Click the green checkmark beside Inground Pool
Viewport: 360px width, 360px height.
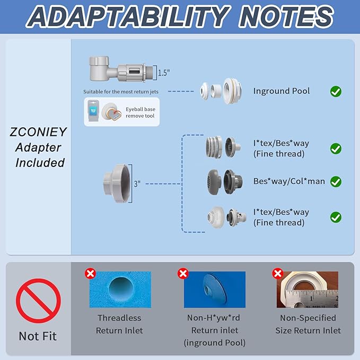click(x=336, y=91)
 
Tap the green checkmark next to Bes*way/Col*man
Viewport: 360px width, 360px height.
click(x=336, y=182)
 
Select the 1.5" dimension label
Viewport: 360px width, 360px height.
click(x=164, y=73)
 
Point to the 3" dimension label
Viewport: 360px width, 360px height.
click(x=137, y=183)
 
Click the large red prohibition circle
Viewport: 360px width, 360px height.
click(x=38, y=301)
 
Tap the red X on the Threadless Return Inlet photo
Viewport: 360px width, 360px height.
click(x=90, y=274)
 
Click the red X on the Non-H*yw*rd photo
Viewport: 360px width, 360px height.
click(x=183, y=274)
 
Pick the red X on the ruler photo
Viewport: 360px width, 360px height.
click(x=278, y=274)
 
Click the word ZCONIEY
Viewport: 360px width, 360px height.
click(x=38, y=132)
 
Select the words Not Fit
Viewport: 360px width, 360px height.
click(x=38, y=336)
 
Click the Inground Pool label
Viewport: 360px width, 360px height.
click(x=282, y=91)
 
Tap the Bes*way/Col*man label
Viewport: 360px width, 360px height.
click(x=289, y=181)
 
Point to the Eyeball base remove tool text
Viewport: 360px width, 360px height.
click(x=141, y=112)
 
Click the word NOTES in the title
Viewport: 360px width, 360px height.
click(x=286, y=16)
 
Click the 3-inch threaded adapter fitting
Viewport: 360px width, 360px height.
click(x=117, y=183)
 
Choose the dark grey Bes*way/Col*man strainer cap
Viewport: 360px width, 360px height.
click(x=214, y=181)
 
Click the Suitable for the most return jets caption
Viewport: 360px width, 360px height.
click(x=121, y=92)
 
